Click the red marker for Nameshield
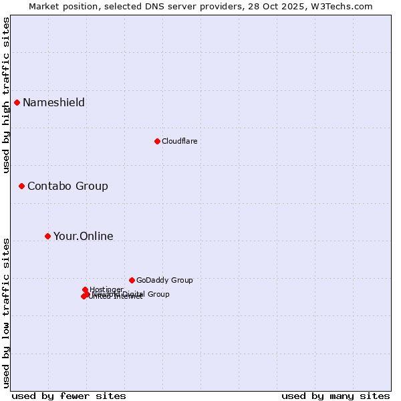[17, 102]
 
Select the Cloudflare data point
[157, 141]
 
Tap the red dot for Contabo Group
[21, 186]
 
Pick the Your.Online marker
[47, 236]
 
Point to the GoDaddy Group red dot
[132, 280]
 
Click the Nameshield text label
[53, 102]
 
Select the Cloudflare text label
[179, 141]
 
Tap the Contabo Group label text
[68, 186]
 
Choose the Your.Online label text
[83, 236]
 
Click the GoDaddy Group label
[164, 280]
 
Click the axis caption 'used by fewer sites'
[69, 396]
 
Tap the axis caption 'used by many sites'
[336, 396]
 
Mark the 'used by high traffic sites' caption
[6, 95]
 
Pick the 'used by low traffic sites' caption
[6, 312]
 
